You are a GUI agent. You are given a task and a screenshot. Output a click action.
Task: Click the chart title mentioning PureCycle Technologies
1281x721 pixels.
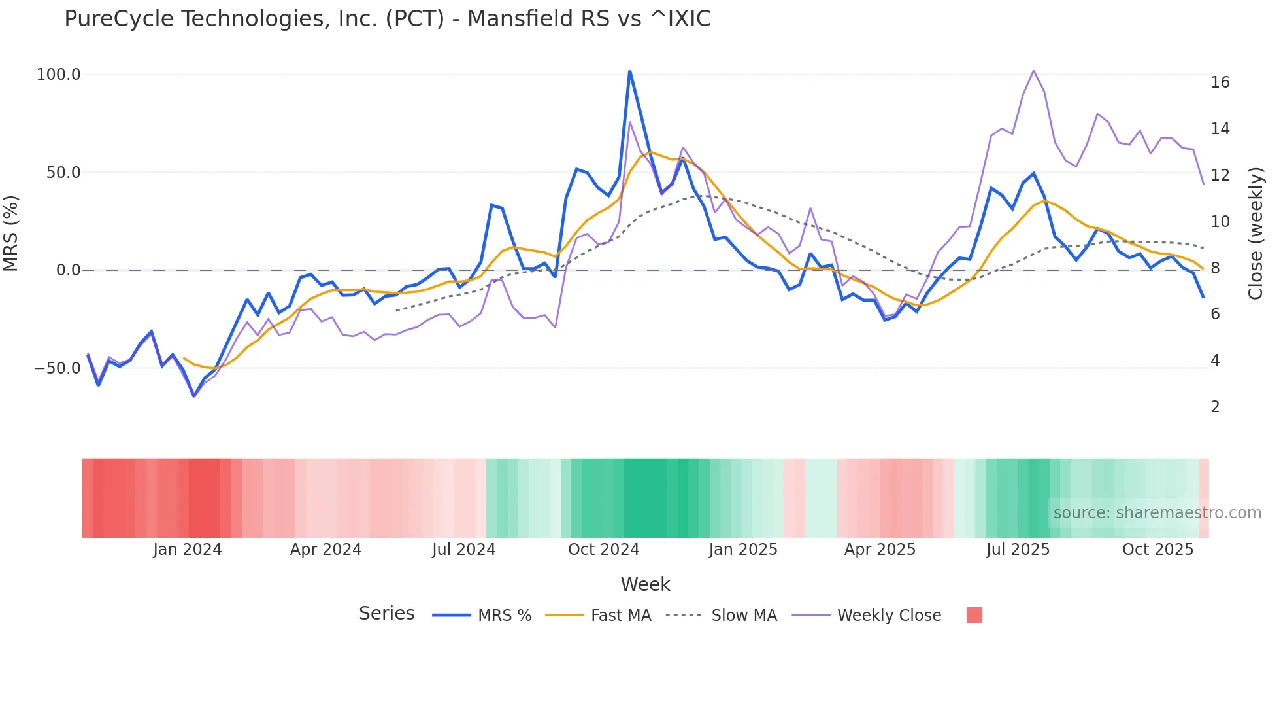point(387,19)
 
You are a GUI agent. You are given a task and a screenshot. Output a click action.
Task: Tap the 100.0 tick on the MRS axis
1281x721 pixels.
point(58,75)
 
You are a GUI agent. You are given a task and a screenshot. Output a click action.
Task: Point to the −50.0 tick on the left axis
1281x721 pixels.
point(58,368)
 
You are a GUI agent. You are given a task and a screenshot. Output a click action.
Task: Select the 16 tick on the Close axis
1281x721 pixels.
point(1220,82)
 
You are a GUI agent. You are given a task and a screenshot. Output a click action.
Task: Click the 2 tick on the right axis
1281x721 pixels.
point(1215,407)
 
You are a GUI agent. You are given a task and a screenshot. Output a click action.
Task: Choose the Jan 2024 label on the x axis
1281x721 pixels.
point(188,550)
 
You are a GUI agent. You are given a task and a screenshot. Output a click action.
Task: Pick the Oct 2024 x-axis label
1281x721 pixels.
point(603,550)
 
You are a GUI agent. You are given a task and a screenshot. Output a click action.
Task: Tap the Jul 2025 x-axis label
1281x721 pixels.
point(1018,550)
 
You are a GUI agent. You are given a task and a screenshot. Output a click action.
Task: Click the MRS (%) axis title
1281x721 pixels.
point(11,233)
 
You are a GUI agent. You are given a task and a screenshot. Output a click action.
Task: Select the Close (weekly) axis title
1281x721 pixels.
point(1255,234)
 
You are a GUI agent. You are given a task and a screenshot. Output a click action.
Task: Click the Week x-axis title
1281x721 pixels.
point(645,584)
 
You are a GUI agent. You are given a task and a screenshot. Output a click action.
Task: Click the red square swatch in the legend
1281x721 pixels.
point(974,615)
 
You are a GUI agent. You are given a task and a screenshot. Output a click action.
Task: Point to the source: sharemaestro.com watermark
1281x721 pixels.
point(1157,513)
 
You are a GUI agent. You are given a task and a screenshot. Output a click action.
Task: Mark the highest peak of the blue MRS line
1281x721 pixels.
point(629,71)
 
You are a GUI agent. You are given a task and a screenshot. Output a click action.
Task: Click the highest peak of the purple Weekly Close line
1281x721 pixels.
point(1033,71)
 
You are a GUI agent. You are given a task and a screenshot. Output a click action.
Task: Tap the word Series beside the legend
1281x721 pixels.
point(386,614)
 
